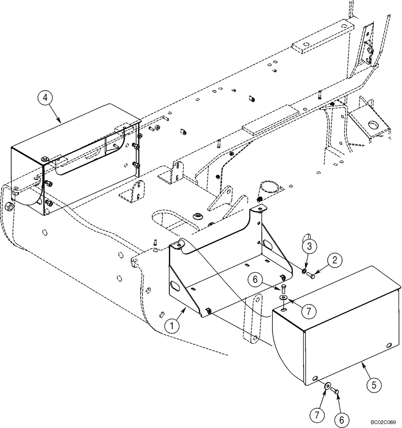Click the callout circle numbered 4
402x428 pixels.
[x=45, y=98]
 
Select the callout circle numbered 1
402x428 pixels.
[x=172, y=326]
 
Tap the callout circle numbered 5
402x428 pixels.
[x=373, y=385]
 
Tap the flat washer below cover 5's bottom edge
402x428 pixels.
[x=327, y=386]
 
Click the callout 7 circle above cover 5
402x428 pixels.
[x=309, y=310]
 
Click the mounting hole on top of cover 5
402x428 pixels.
[x=284, y=307]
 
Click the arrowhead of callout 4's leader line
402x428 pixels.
[x=61, y=122]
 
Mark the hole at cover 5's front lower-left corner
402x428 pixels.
[x=315, y=378]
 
